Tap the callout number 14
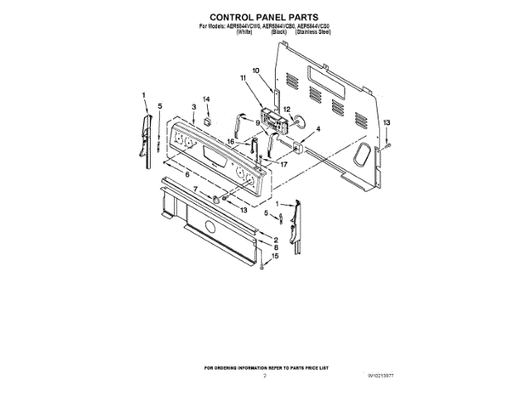coord(207,99)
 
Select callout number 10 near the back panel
coord(256,70)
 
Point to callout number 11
coord(243,78)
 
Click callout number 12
coord(287,109)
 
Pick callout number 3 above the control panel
coord(193,107)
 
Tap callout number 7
coord(195,190)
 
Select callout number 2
coord(274,239)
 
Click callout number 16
coord(232,142)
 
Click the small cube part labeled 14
coord(208,120)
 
